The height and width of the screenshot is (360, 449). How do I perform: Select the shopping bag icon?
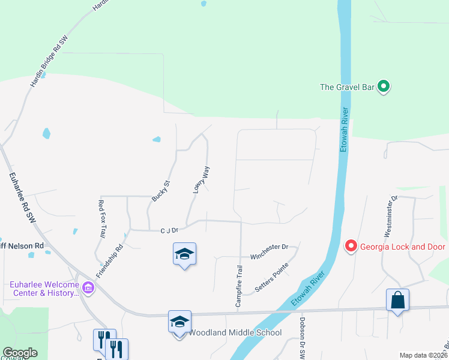tap(397, 299)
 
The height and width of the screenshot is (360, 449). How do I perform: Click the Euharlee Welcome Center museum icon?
tap(88, 288)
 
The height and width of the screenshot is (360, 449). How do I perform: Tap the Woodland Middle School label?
tap(235, 332)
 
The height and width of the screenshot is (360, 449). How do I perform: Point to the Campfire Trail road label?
tap(239, 286)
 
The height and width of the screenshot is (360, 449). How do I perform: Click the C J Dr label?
tap(170, 229)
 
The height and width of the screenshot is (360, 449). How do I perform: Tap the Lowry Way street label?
tap(201, 179)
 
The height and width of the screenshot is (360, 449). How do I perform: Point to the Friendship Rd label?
tap(111, 256)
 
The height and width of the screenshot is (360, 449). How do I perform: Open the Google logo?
tap(19, 353)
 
